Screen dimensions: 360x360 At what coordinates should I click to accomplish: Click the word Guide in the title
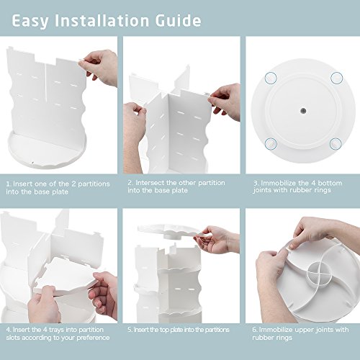click(x=178, y=21)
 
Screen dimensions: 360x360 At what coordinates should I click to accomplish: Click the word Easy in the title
click(x=30, y=22)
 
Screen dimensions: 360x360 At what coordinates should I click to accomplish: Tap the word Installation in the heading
click(x=102, y=21)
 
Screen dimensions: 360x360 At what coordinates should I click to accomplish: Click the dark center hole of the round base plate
click(x=303, y=111)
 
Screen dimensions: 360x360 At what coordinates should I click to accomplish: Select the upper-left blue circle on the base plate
click(x=271, y=78)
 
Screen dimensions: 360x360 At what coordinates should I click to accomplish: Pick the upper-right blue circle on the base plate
click(x=336, y=78)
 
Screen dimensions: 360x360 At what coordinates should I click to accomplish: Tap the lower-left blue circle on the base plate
click(x=271, y=143)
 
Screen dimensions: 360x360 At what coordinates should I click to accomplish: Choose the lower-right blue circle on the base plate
click(x=336, y=143)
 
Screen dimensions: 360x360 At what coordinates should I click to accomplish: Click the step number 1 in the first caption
click(x=9, y=184)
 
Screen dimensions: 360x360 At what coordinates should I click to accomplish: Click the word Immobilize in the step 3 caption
click(x=279, y=183)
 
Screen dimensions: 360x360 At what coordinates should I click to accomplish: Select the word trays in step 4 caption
click(x=56, y=330)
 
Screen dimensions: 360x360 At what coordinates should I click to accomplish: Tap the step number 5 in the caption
click(x=130, y=330)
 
